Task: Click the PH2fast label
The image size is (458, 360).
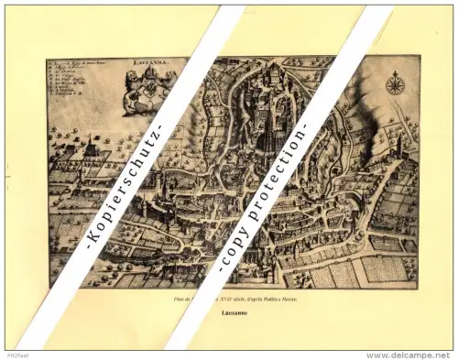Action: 16,355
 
